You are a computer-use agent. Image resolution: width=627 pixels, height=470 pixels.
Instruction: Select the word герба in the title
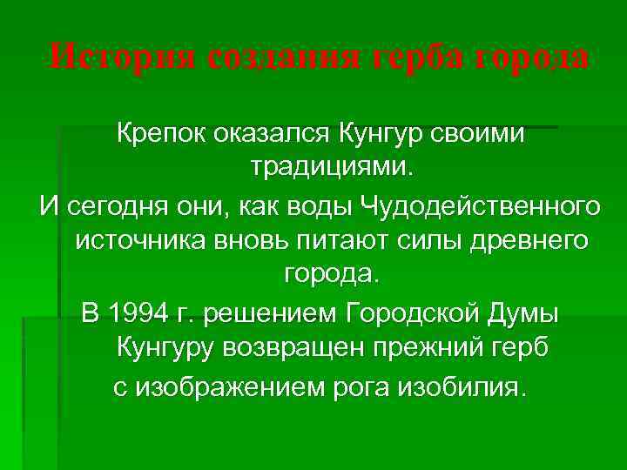[421, 59]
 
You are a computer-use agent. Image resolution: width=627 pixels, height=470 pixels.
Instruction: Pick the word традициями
[327, 165]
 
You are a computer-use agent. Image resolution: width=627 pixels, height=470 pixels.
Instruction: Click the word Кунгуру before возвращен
[168, 349]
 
